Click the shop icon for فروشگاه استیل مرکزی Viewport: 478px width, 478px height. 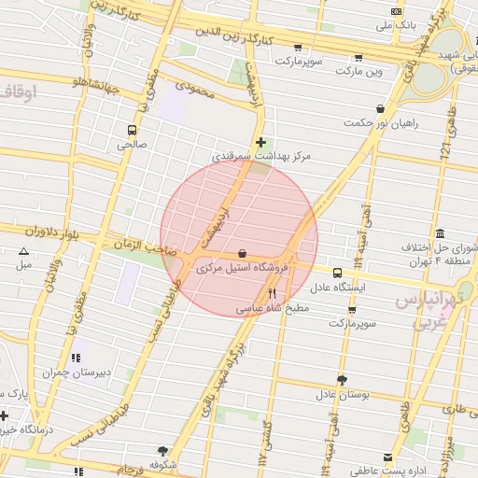click(243, 252)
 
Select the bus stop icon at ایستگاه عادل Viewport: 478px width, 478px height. click(337, 273)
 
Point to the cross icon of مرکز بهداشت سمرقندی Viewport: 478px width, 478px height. click(260, 142)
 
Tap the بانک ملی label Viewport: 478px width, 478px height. click(395, 26)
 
